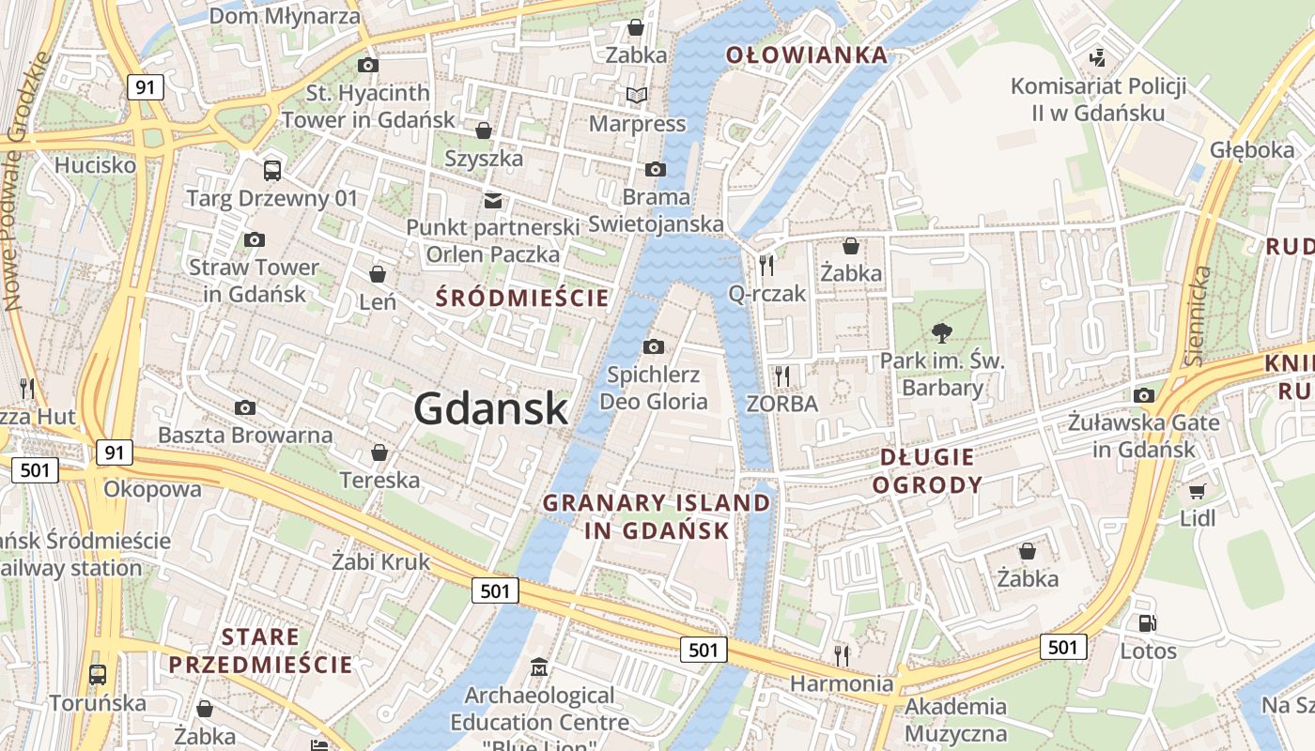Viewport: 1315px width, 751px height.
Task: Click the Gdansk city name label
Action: click(x=490, y=409)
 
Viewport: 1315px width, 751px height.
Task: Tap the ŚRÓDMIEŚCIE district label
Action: click(x=523, y=299)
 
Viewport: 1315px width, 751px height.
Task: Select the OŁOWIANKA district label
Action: click(x=807, y=54)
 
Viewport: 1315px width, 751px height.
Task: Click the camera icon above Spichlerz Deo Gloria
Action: click(x=654, y=347)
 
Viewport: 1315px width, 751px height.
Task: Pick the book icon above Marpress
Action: click(x=637, y=95)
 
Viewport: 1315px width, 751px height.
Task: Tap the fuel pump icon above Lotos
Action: click(x=1147, y=622)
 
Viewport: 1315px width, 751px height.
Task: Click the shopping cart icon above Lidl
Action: click(x=1197, y=490)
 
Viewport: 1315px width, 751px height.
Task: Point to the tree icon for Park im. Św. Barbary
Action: click(x=941, y=331)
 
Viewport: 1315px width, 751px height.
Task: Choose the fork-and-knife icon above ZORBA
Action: click(x=781, y=375)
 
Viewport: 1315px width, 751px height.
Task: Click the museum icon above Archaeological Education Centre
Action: click(x=539, y=667)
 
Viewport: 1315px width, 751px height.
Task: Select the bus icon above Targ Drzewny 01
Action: click(x=272, y=170)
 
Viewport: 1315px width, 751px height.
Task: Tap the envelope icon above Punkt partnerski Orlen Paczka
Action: click(x=492, y=200)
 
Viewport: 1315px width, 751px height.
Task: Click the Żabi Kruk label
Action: click(x=380, y=561)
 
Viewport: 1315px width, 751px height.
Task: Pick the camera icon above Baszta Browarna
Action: click(x=245, y=407)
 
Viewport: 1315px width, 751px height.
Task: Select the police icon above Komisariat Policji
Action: click(x=1097, y=58)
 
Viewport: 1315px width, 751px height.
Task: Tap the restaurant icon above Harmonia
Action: click(x=841, y=654)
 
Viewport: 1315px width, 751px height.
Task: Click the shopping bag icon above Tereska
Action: click(x=379, y=452)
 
